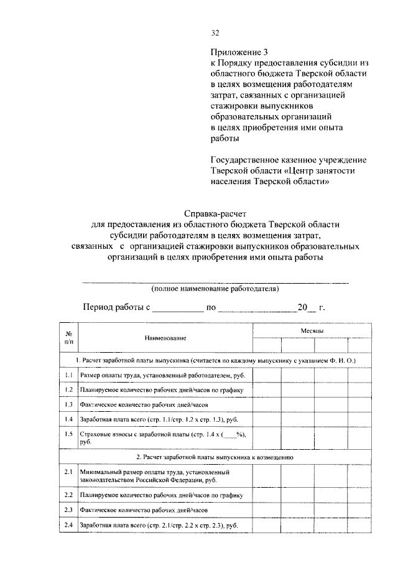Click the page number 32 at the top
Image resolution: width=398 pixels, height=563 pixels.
215,33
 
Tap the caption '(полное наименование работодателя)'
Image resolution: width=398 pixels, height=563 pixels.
215,289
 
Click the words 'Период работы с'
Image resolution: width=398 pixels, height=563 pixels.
117,307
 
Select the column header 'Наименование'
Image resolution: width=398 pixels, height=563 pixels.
165,337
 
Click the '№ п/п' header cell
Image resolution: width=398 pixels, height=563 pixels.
68,337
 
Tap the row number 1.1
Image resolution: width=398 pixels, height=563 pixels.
68,376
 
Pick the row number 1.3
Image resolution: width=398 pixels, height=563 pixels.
68,405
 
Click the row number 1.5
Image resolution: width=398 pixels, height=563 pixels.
68,434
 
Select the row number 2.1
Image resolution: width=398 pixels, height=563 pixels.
68,473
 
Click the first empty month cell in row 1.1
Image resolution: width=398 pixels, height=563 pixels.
266,376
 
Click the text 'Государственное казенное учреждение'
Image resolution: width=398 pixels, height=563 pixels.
287,159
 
